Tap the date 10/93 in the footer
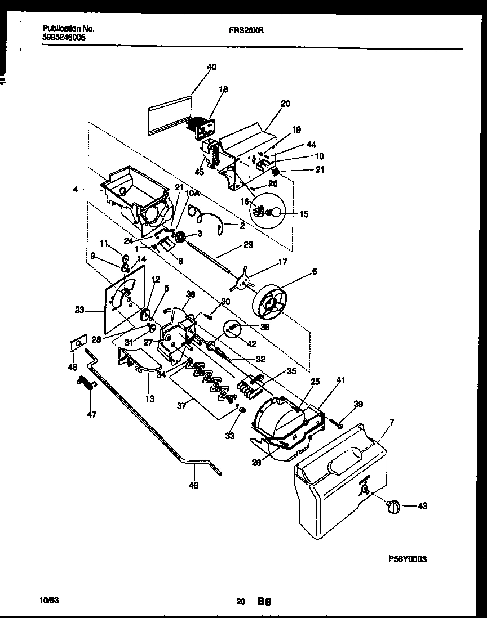pyautogui.click(x=50, y=601)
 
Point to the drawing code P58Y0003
pyautogui.click(x=408, y=559)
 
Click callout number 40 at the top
pyautogui.click(x=211, y=67)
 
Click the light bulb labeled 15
pyautogui.click(x=276, y=212)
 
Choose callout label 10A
pyautogui.click(x=193, y=193)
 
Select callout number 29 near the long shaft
pyautogui.click(x=248, y=245)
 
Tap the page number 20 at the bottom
pyautogui.click(x=241, y=602)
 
